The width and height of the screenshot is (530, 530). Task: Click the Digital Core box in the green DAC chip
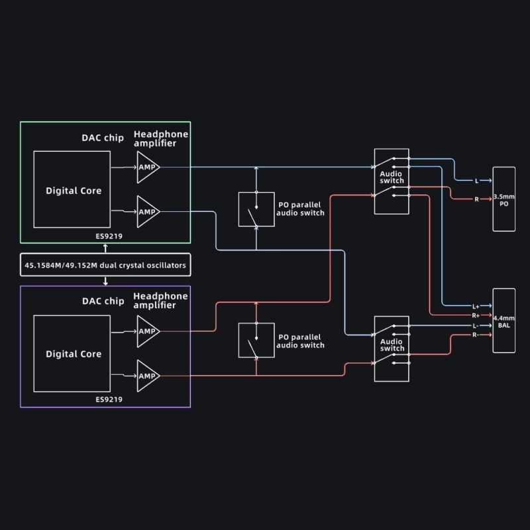pyautogui.click(x=73, y=190)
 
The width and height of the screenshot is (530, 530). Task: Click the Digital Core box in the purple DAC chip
pyautogui.click(x=73, y=354)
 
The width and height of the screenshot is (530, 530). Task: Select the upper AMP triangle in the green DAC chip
pyautogui.click(x=147, y=167)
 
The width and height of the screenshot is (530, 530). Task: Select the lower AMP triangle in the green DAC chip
pyautogui.click(x=147, y=211)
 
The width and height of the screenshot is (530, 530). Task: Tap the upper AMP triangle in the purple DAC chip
pyautogui.click(x=147, y=331)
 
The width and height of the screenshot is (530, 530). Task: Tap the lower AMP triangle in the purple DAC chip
pyautogui.click(x=147, y=376)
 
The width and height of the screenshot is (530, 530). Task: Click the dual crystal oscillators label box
pyautogui.click(x=105, y=266)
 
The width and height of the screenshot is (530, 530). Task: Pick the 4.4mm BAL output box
pyautogui.click(x=503, y=321)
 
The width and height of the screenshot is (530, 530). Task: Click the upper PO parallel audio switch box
pyautogui.click(x=256, y=210)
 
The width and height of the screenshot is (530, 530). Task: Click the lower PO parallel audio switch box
pyautogui.click(x=256, y=341)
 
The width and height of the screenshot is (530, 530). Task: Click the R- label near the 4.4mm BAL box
pyautogui.click(x=476, y=335)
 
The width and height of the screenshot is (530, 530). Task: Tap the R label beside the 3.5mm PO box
pyautogui.click(x=476, y=199)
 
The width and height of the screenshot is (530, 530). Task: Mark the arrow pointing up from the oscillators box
pyautogui.click(x=105, y=248)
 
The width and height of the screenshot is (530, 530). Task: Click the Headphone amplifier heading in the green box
pyautogui.click(x=161, y=138)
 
